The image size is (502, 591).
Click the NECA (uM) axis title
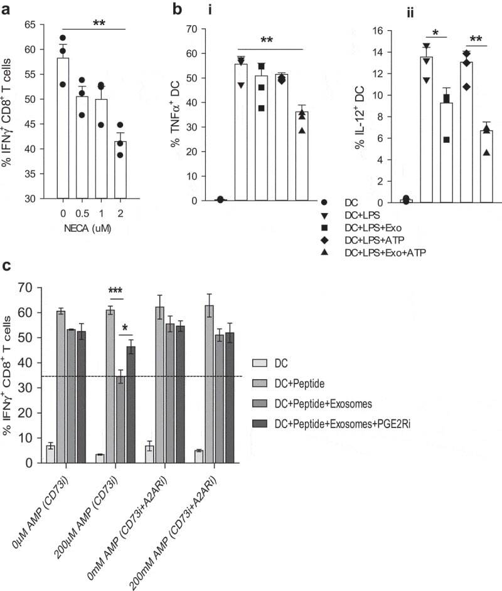pos(95,229)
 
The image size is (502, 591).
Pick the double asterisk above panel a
pos(99,23)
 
